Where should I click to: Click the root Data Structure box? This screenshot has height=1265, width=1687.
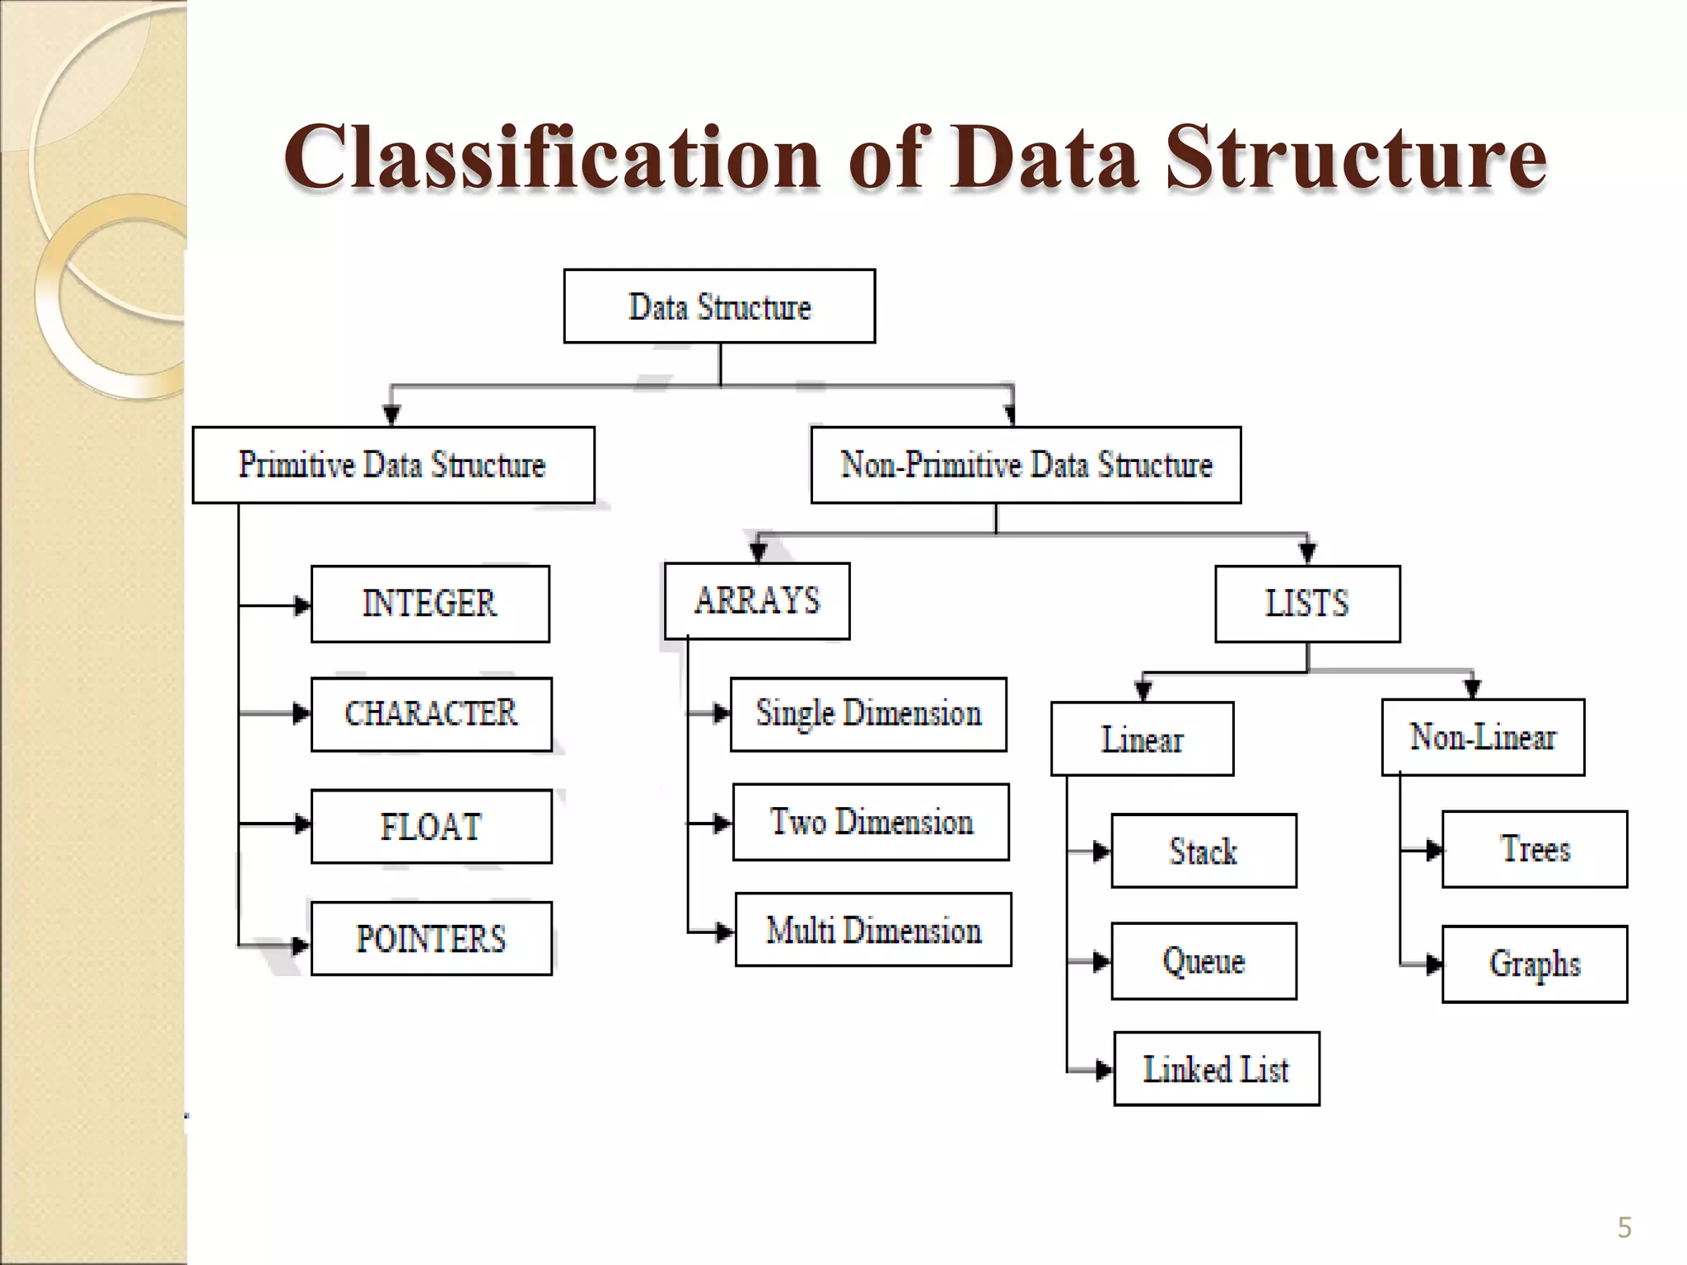click(x=719, y=306)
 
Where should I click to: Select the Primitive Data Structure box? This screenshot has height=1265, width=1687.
click(x=393, y=464)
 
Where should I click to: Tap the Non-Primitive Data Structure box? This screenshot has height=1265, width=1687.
click(x=1026, y=464)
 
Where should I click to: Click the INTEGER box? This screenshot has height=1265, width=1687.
click(x=430, y=604)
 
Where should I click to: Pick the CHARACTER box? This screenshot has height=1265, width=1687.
click(x=431, y=714)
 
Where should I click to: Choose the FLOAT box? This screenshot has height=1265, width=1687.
click(x=431, y=826)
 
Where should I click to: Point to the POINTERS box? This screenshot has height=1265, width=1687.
click(x=431, y=938)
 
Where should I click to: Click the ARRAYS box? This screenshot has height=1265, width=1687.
click(x=757, y=600)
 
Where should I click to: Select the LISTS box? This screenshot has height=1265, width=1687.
click(x=1307, y=604)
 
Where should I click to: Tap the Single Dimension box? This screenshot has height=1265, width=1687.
click(x=868, y=714)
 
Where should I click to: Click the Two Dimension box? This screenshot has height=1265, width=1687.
click(x=871, y=822)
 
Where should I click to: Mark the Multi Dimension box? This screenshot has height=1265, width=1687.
click(x=873, y=930)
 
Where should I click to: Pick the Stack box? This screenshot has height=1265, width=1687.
click(x=1203, y=851)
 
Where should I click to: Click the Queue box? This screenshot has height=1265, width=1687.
click(x=1203, y=960)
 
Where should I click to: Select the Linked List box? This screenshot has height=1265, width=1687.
click(x=1216, y=1068)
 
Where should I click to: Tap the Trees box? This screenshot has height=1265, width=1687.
click(x=1535, y=849)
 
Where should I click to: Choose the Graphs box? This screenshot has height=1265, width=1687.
click(x=1535, y=964)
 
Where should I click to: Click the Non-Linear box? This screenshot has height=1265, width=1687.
click(x=1483, y=737)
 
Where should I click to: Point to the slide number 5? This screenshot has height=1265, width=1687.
click(x=1624, y=1228)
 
